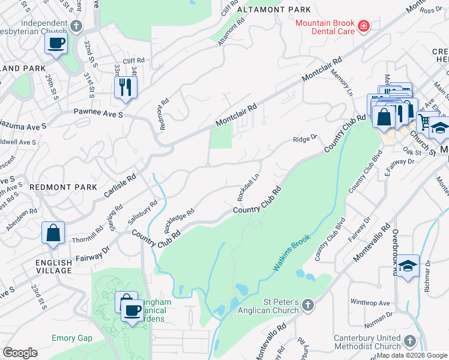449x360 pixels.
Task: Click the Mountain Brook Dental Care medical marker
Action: click(x=363, y=26)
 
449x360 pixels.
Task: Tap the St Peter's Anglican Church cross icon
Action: click(x=307, y=305)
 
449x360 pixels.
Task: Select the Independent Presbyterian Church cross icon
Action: click(x=76, y=26)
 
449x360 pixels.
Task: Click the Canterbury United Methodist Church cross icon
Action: click(x=410, y=341)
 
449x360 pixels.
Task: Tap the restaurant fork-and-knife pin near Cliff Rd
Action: click(x=125, y=86)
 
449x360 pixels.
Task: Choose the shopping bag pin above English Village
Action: click(x=53, y=232)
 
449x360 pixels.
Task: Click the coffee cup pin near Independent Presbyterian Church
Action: click(x=56, y=43)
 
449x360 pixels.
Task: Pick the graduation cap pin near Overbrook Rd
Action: click(x=408, y=266)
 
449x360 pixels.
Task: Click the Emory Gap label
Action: click(x=72, y=338)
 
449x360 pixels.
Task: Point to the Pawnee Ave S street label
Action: click(x=98, y=112)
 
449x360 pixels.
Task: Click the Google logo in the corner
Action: click(x=20, y=353)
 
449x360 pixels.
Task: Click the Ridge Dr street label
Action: click(x=304, y=139)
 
